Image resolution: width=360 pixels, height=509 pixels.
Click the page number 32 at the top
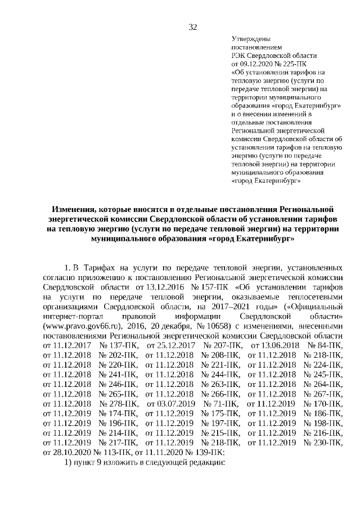tap(192, 27)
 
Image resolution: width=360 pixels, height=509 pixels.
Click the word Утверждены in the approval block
tap(251, 39)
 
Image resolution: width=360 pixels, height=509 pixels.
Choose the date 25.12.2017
tap(170, 344)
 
